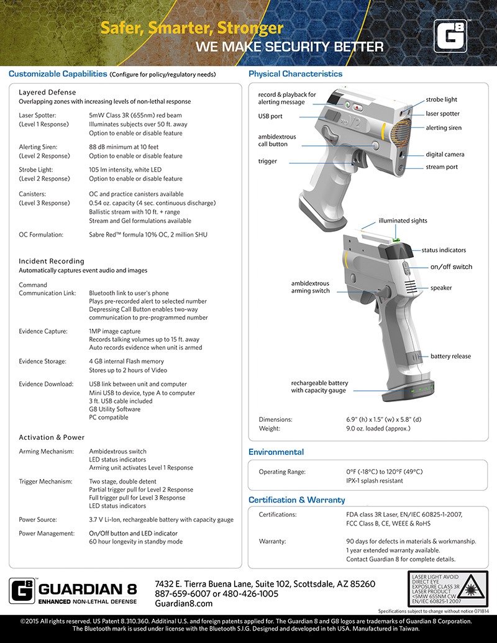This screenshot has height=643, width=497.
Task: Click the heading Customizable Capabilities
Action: pyautogui.click(x=58, y=74)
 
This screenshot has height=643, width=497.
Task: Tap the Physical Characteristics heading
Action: pyautogui.click(x=295, y=74)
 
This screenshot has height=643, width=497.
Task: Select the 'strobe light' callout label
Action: pyautogui.click(x=441, y=99)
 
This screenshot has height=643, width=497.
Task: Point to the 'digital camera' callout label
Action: pyautogui.click(x=445, y=154)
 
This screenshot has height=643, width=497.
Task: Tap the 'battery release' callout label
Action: pyautogui.click(x=450, y=356)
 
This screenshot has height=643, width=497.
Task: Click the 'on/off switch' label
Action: pyautogui.click(x=451, y=267)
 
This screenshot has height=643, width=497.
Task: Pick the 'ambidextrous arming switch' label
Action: pyautogui.click(x=310, y=287)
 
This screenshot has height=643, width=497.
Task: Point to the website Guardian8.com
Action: pyautogui.click(x=183, y=604)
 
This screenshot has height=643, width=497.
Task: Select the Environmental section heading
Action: pyautogui.click(x=276, y=452)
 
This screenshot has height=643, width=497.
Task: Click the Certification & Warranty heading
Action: pyautogui.click(x=296, y=499)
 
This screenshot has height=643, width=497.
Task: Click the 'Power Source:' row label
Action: pyautogui.click(x=39, y=519)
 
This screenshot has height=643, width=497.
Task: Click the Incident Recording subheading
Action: pyautogui.click(x=52, y=261)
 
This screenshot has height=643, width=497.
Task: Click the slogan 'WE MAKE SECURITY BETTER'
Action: pyautogui.click(x=290, y=47)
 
